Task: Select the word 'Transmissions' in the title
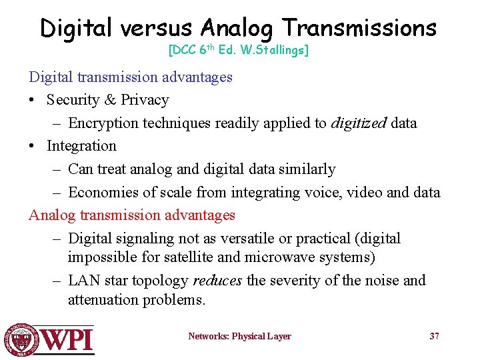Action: click(x=359, y=28)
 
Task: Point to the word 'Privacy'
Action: click(x=145, y=100)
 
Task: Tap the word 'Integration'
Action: click(x=81, y=146)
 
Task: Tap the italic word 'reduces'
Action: click(x=217, y=281)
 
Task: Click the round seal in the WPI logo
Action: click(x=21, y=339)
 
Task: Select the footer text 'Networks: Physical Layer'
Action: click(x=239, y=337)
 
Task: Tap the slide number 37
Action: click(x=434, y=336)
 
